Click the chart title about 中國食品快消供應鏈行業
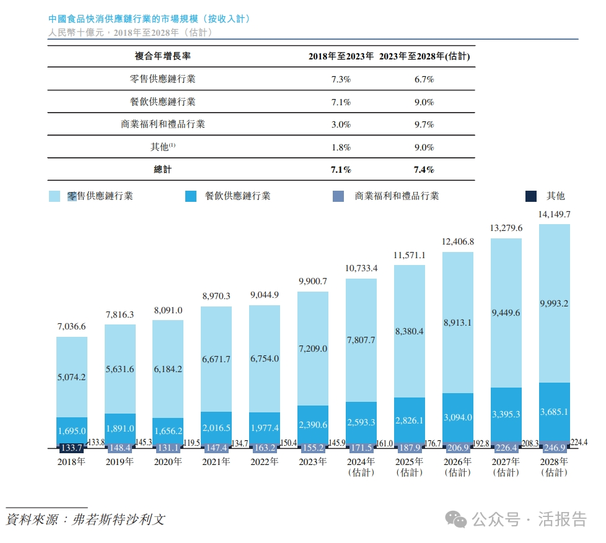149,19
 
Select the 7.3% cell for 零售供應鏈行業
341,79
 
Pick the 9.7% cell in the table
424,124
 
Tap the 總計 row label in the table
162,170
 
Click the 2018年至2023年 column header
341,56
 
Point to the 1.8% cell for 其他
341,147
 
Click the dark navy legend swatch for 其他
531,196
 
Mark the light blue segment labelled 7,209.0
313,349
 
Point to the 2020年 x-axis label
167,462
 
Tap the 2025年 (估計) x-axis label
409,467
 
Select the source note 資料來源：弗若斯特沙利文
86,519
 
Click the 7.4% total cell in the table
424,170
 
